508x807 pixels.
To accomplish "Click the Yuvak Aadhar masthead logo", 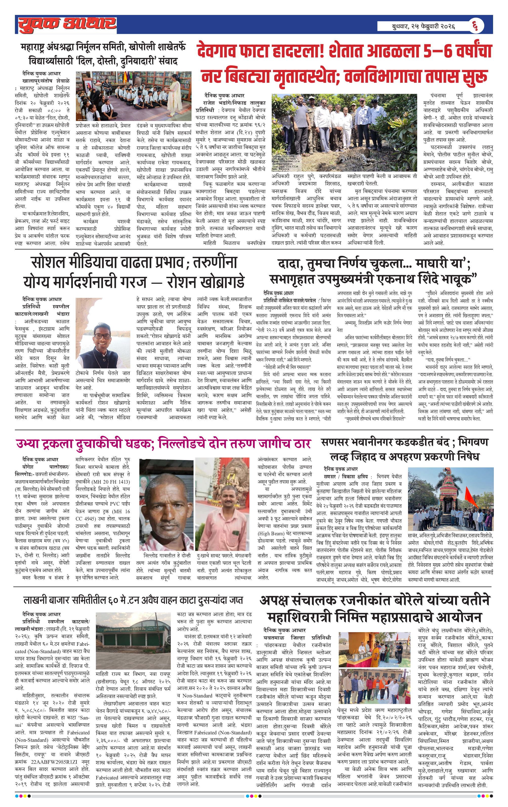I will [x=67, y=25].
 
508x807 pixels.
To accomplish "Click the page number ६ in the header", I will [x=475, y=26].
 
